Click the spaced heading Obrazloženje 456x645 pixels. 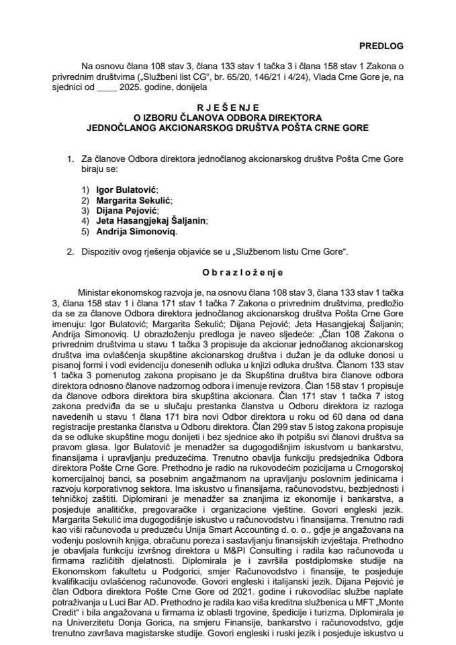[228, 272]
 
